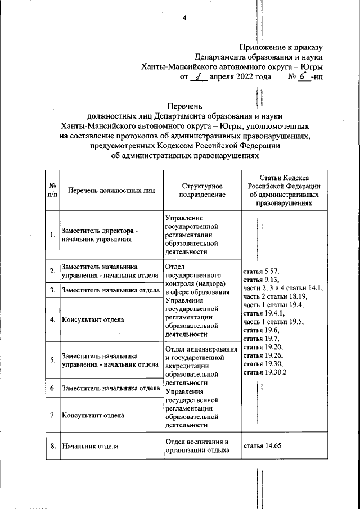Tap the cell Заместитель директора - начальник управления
click(98, 235)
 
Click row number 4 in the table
click(52, 319)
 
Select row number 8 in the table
click(52, 447)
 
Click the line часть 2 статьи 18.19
click(275, 296)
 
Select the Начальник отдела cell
click(90, 447)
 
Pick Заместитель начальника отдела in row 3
click(109, 290)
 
